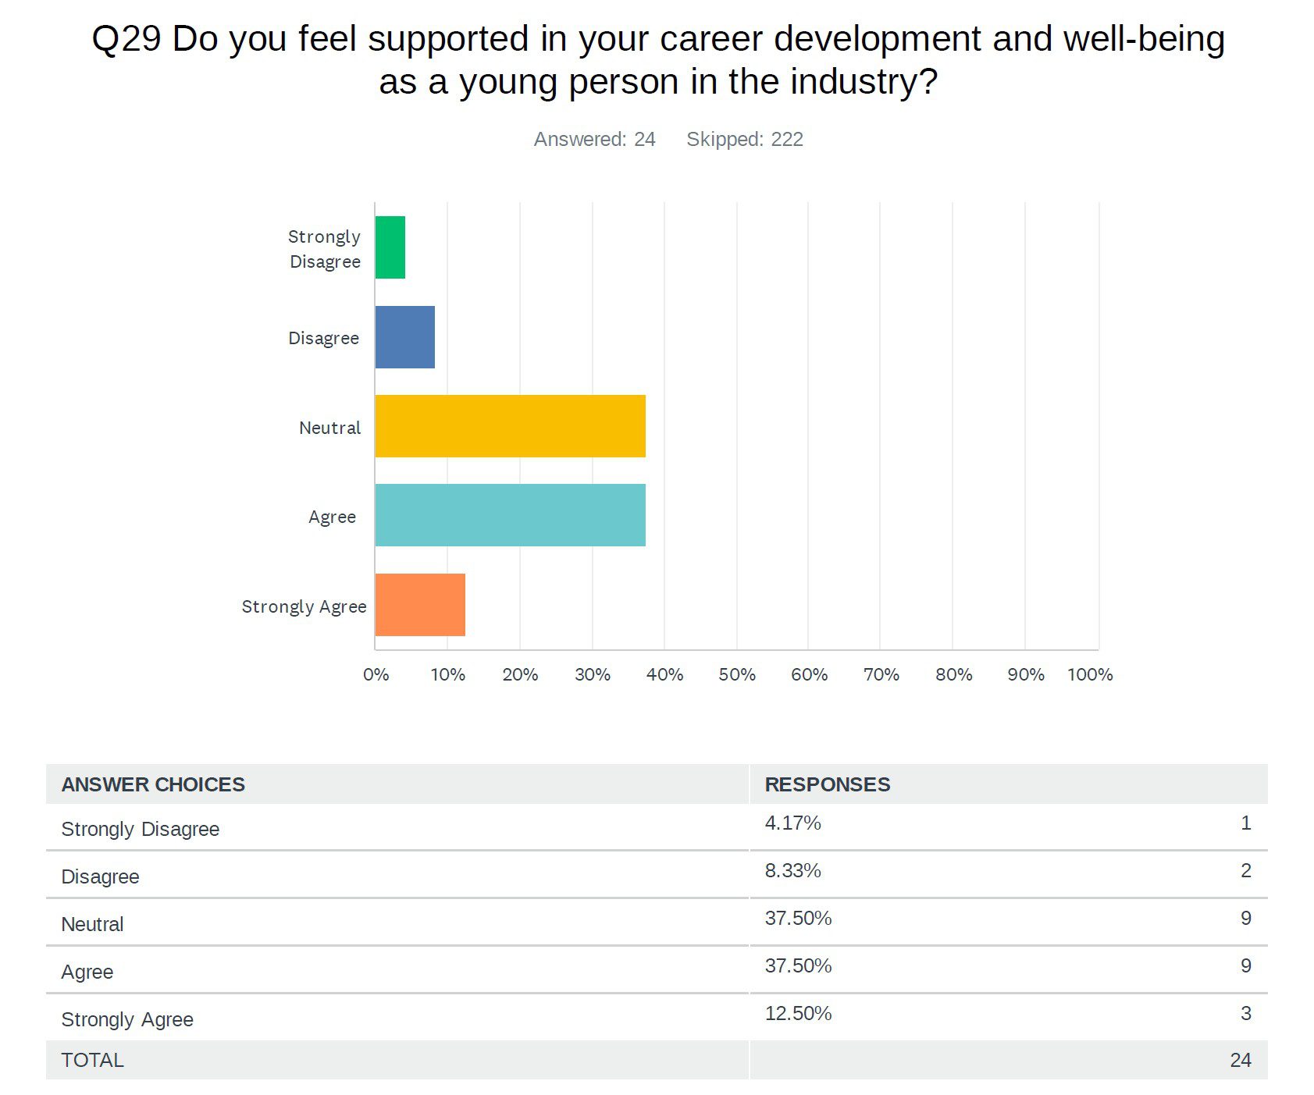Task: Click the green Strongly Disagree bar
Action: pyautogui.click(x=390, y=247)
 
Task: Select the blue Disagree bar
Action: pyautogui.click(x=404, y=337)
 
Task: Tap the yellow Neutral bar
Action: pyautogui.click(x=510, y=426)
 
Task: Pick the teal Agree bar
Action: pyautogui.click(x=510, y=515)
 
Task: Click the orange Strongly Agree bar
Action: pyautogui.click(x=420, y=605)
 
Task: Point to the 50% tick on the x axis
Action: pyautogui.click(x=737, y=674)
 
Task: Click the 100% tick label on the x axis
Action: pyautogui.click(x=1090, y=674)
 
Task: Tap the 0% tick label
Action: pyautogui.click(x=376, y=674)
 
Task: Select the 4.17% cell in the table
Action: pyautogui.click(x=792, y=823)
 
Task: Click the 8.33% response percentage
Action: pyautogui.click(x=792, y=871)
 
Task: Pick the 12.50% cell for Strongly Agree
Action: pyautogui.click(x=798, y=1014)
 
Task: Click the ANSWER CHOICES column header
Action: pyautogui.click(x=153, y=784)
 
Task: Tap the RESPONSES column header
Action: pyautogui.click(x=827, y=784)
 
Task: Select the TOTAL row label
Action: pyautogui.click(x=92, y=1060)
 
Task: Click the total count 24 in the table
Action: pyautogui.click(x=1240, y=1060)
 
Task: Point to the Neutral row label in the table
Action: pyautogui.click(x=92, y=924)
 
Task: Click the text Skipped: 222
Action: pyautogui.click(x=744, y=139)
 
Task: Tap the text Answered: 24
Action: pyautogui.click(x=594, y=139)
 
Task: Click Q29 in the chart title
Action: pyautogui.click(x=126, y=39)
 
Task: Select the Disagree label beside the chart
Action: pyautogui.click(x=323, y=338)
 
